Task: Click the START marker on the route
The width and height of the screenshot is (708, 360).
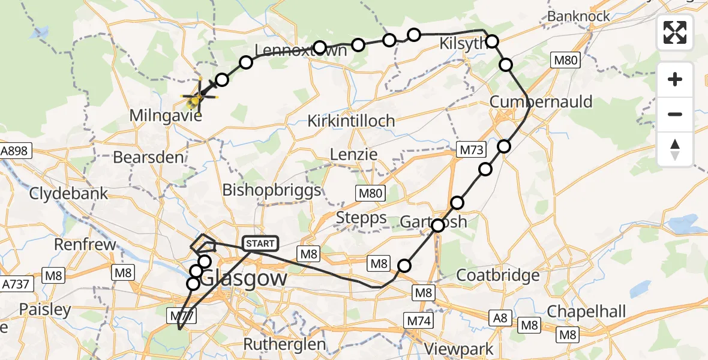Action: pyautogui.click(x=260, y=244)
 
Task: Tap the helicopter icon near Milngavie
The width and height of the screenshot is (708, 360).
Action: pyautogui.click(x=200, y=95)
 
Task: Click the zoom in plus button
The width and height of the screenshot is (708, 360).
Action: pyautogui.click(x=675, y=80)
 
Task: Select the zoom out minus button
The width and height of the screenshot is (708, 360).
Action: pyautogui.click(x=675, y=114)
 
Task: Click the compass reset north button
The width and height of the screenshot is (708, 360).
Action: pyautogui.click(x=675, y=149)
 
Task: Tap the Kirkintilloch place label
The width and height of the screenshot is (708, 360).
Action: pyautogui.click(x=351, y=121)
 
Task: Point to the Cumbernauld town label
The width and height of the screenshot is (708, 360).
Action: pyautogui.click(x=541, y=101)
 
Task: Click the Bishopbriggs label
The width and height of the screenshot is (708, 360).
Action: pyautogui.click(x=272, y=190)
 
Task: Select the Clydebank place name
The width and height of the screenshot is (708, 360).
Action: pyautogui.click(x=69, y=194)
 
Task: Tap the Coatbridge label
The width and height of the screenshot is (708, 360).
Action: pyautogui.click(x=498, y=275)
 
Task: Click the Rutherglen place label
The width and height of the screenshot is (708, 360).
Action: pyautogui.click(x=284, y=344)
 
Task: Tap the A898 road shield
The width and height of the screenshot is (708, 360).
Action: pyautogui.click(x=14, y=151)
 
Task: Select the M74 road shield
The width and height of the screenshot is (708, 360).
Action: pyautogui.click(x=419, y=321)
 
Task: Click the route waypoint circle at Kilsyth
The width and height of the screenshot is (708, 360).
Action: pyautogui.click(x=492, y=41)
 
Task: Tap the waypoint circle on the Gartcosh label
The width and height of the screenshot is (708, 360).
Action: pyautogui.click(x=438, y=226)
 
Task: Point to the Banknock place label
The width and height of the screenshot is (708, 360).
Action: pyautogui.click(x=578, y=16)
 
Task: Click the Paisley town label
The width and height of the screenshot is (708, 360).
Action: pyautogui.click(x=45, y=310)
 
